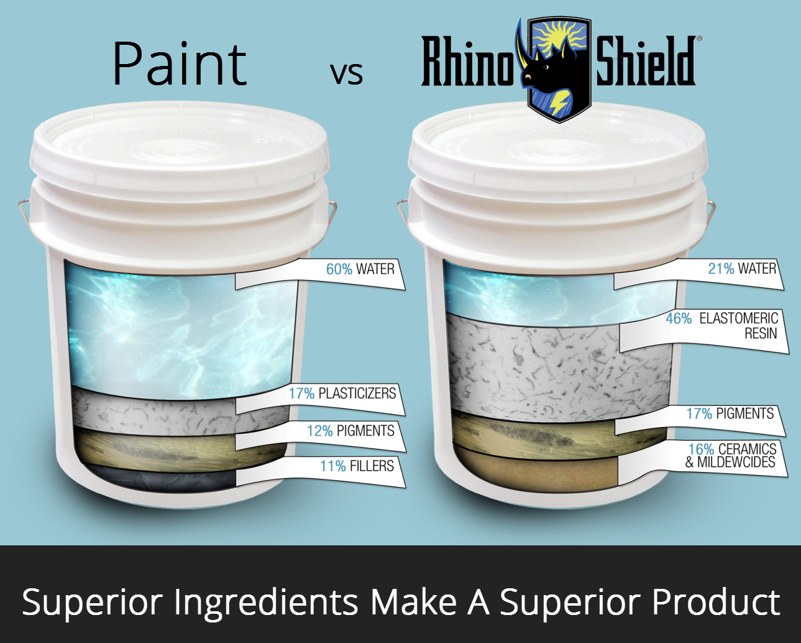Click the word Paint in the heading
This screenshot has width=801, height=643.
tap(180, 63)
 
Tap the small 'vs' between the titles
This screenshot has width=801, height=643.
tap(346, 73)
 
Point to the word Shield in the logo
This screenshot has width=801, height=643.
tap(646, 61)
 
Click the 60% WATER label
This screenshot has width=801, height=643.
tap(360, 269)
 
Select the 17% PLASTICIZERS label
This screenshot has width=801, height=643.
tap(342, 394)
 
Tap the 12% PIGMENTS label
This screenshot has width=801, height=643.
tap(350, 431)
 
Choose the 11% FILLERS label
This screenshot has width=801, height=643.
tap(357, 466)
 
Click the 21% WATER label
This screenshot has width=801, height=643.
tap(742, 269)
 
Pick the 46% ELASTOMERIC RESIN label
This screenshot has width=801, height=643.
tap(721, 326)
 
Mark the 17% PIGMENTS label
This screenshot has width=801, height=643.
tap(730, 414)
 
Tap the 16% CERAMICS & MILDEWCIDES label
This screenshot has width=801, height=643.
tap(732, 455)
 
